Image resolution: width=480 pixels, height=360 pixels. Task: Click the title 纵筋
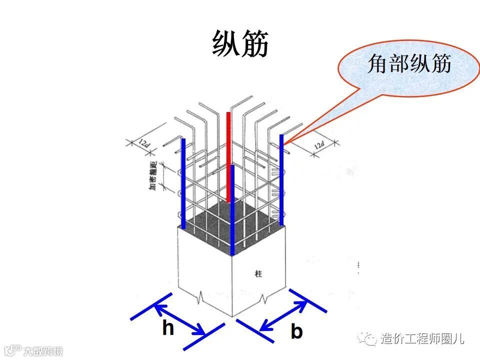[x=240, y=44]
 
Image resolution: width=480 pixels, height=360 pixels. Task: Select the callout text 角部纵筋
[x=409, y=64]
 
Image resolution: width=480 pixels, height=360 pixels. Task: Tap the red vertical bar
[x=229, y=157]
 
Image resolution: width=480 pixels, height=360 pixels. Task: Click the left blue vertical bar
[x=183, y=183]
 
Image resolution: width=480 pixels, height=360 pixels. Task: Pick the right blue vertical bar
[x=281, y=180]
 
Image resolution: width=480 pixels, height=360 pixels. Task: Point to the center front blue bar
[x=233, y=210]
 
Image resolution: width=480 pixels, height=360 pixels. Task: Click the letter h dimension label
[x=167, y=328]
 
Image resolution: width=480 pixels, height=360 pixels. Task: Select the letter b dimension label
[x=296, y=331]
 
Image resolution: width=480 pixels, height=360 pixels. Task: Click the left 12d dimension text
[x=144, y=144]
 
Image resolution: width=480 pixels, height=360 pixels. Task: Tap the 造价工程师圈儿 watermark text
[x=422, y=338]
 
